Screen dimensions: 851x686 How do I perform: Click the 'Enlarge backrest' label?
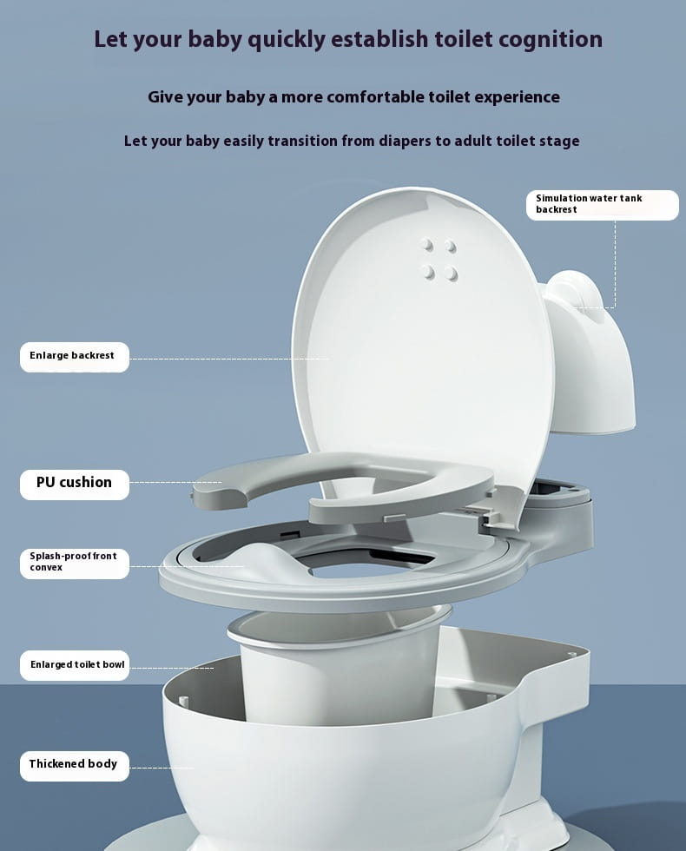tap(74, 356)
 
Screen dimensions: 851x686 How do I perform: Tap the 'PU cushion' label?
tap(74, 483)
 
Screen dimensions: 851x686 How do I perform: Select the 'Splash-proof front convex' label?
tap(74, 562)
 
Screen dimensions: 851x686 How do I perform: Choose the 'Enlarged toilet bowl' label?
tap(76, 665)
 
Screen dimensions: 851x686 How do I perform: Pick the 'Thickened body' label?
tap(74, 764)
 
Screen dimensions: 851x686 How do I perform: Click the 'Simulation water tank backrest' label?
tap(601, 204)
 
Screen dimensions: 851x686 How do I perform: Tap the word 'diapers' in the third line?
tap(391, 141)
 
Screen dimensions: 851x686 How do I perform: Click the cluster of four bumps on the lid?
tap(439, 259)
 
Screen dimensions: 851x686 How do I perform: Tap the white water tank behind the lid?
tap(590, 356)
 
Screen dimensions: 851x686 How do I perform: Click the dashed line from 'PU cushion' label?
tap(174, 483)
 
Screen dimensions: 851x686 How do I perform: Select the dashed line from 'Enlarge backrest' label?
tap(226, 358)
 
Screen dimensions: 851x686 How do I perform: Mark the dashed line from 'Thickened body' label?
tap(161, 768)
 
